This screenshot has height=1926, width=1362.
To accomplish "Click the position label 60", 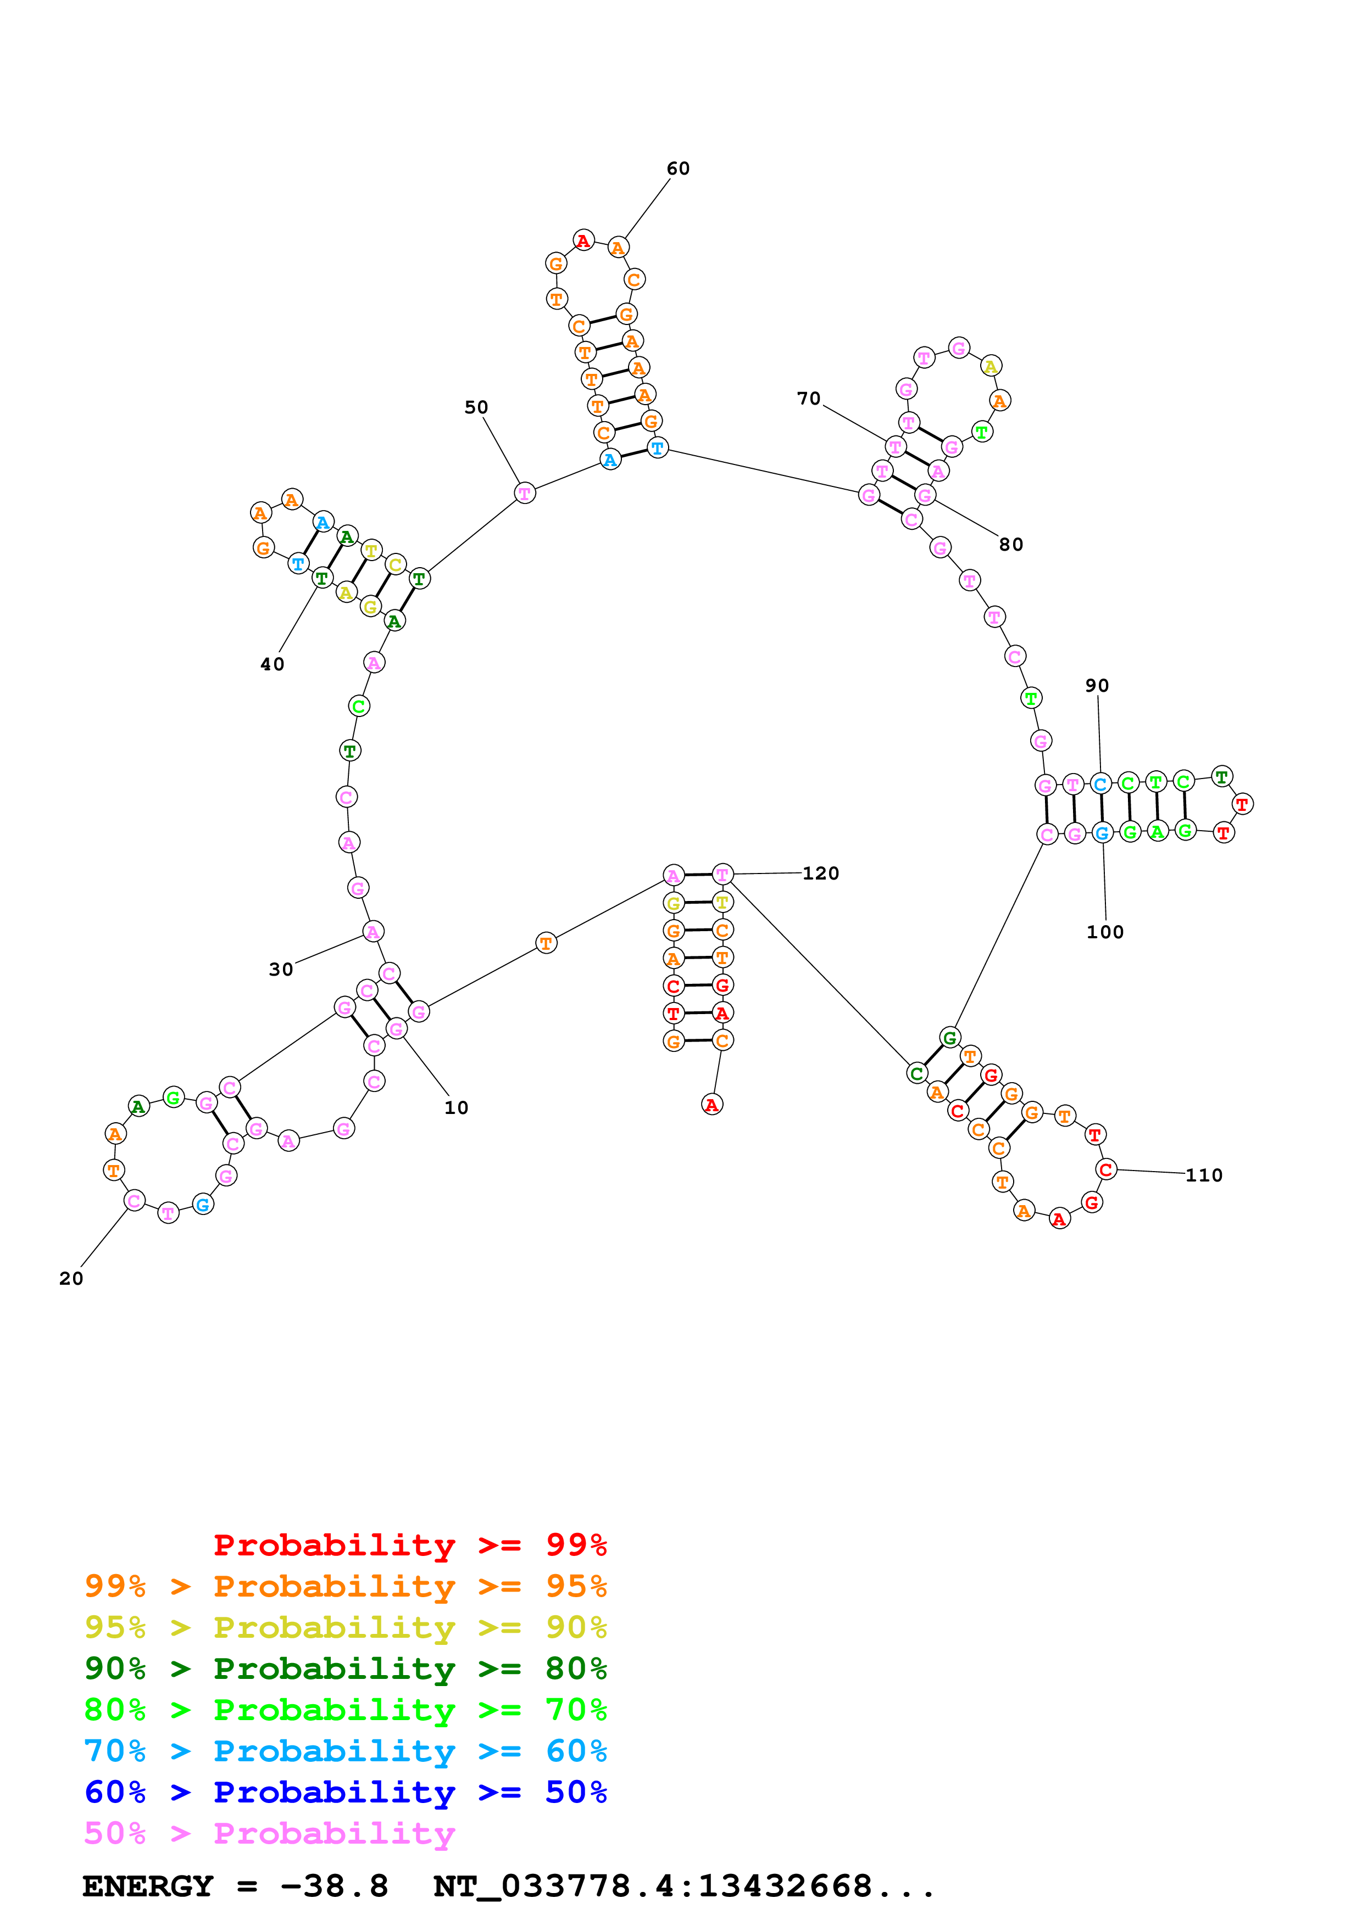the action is [x=678, y=169].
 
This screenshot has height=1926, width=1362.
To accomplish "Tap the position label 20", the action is [x=71, y=1278].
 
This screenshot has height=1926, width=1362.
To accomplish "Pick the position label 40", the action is [x=272, y=664].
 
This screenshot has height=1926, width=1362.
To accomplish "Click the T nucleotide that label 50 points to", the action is [x=525, y=493].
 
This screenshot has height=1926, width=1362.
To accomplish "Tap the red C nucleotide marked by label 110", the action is [x=1106, y=1169].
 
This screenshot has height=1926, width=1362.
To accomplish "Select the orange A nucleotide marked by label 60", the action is [x=618, y=248].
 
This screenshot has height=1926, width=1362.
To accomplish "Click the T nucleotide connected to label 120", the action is [x=722, y=875].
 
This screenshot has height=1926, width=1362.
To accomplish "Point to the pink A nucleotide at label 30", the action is [x=373, y=931].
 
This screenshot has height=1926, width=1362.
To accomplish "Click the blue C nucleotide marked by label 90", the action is [x=1100, y=785].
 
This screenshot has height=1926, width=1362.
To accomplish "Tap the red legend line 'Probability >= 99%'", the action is [x=409, y=1545].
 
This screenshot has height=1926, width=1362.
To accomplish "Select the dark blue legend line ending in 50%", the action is [x=345, y=1792].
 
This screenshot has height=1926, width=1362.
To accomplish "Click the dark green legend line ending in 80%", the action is [x=345, y=1669].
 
